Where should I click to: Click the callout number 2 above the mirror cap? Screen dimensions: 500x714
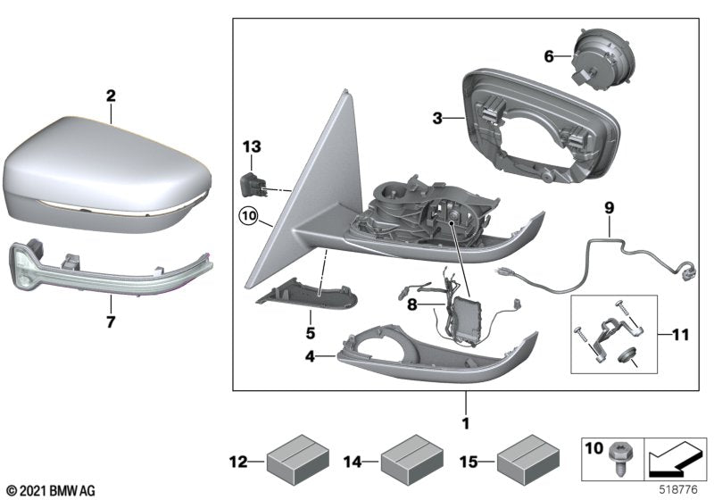tap(110, 93)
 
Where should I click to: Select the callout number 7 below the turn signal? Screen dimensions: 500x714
tap(111, 322)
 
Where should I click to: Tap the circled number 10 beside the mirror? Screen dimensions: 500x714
tap(246, 216)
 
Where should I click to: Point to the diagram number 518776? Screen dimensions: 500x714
tap(679, 490)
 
